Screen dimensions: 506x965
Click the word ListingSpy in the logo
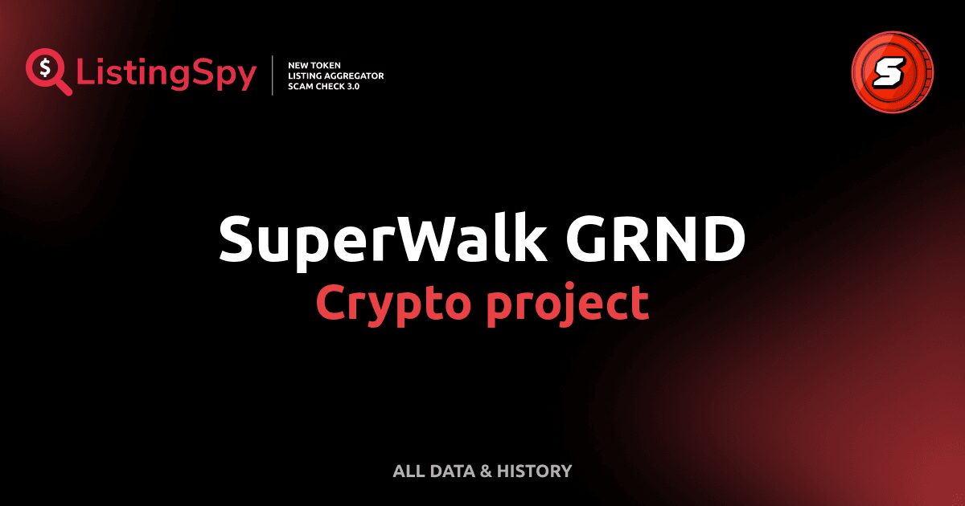[166, 75]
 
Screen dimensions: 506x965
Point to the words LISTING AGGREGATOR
[335, 75]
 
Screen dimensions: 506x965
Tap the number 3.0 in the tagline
[351, 86]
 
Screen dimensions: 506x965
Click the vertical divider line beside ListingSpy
[273, 75]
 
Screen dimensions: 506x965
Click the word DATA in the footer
[451, 471]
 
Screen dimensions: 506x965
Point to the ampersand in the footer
[485, 471]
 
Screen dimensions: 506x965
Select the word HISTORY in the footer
[535, 471]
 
